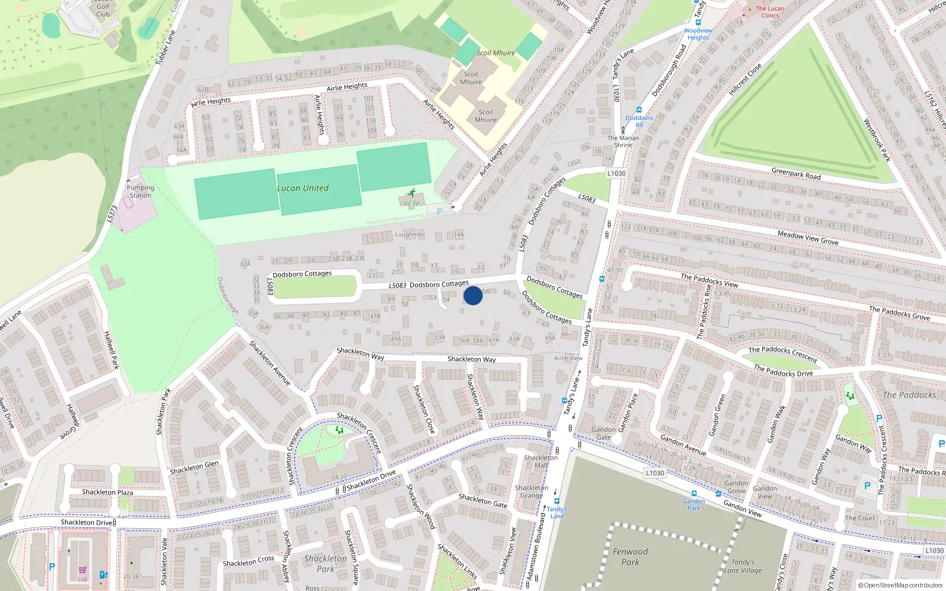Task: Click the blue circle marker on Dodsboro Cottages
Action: click(x=472, y=295)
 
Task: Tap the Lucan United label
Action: click(x=303, y=188)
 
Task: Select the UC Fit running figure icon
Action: click(x=412, y=193)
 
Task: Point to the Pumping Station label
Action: click(x=140, y=191)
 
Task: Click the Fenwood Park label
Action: click(x=630, y=557)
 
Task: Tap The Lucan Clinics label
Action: click(x=770, y=12)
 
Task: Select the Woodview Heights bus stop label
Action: click(x=698, y=34)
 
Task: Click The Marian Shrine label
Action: click(x=623, y=141)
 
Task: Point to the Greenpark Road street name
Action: click(x=796, y=174)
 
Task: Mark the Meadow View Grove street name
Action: click(x=808, y=238)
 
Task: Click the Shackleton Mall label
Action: click(x=540, y=462)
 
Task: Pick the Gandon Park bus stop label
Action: click(x=694, y=504)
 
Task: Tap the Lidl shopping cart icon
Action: click(x=82, y=571)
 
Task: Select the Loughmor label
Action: click(x=410, y=235)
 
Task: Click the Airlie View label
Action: click(x=568, y=358)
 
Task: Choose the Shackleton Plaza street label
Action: click(x=108, y=492)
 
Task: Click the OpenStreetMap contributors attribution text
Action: click(x=900, y=585)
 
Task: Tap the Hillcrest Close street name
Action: click(x=745, y=79)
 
